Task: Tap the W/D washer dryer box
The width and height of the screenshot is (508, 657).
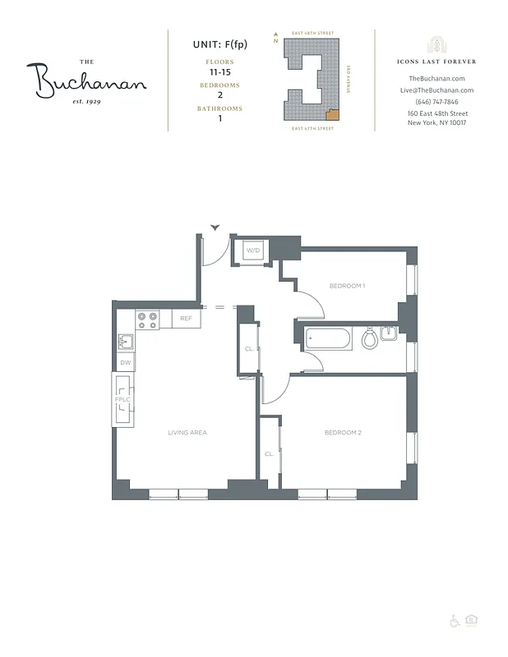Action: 252,250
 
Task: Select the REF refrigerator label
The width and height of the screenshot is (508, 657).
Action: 186,318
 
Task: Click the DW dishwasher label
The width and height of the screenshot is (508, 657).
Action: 126,362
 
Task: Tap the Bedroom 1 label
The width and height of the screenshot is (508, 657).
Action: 346,286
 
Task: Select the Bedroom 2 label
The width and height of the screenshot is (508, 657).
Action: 343,432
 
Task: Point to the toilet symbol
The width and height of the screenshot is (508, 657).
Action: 370,338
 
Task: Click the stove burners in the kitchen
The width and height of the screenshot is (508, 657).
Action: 147,319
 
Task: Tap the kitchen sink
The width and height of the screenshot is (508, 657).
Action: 126,340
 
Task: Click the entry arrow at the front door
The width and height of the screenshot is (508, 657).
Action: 215,227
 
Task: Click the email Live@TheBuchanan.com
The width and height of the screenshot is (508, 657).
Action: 436,90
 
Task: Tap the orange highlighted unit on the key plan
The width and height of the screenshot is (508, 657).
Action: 330,114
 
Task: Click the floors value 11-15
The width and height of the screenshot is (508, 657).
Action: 218,72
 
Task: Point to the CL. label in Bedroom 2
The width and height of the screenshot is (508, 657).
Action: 269,453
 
